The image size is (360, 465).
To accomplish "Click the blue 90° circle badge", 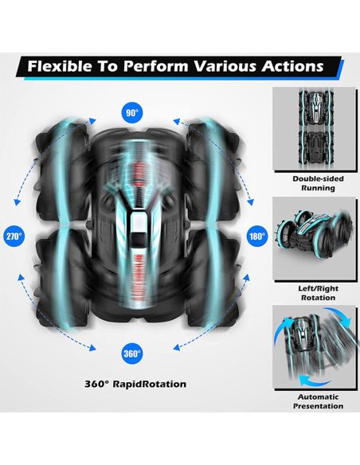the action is [x=132, y=113].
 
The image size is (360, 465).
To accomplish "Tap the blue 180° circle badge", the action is [x=256, y=236].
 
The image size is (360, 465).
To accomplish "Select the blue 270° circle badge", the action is [x=14, y=236].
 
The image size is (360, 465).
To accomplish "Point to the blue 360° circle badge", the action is [x=132, y=354].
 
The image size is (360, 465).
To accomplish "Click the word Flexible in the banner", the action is [x=60, y=66].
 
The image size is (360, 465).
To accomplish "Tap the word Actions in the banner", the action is [x=292, y=66].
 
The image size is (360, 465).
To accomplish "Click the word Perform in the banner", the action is [x=155, y=66].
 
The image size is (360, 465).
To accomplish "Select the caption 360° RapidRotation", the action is [x=135, y=384].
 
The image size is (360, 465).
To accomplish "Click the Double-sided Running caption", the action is [x=318, y=183].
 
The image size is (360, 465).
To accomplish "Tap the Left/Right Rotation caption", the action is [x=318, y=293].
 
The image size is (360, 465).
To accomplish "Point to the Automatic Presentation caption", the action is [x=318, y=401].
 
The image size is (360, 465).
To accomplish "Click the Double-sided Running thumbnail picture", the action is [x=315, y=129].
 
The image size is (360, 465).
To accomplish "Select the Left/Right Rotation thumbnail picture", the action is [x=315, y=239].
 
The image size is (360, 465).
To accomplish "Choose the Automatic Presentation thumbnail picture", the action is [x=315, y=347].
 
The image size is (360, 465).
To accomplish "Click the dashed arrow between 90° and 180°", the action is [x=218, y=155].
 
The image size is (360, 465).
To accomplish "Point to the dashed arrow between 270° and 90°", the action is [x=49, y=157].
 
